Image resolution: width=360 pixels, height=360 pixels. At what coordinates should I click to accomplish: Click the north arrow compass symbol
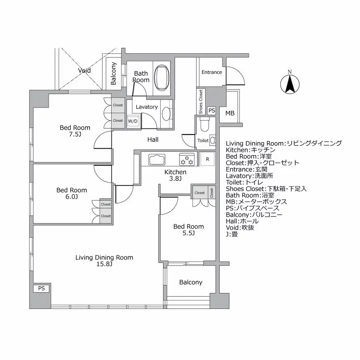point(289,84)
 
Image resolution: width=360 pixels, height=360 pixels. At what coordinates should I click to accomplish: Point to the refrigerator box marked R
point(207,159)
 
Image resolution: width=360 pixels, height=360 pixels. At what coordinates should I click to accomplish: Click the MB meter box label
point(230,113)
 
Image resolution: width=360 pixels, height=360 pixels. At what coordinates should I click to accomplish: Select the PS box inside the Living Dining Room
point(41,289)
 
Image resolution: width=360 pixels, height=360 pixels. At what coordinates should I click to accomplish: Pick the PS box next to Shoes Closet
point(211,111)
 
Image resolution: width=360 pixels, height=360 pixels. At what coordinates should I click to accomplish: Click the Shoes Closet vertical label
point(201,102)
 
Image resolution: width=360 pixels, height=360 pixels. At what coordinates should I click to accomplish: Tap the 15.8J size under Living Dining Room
point(104,264)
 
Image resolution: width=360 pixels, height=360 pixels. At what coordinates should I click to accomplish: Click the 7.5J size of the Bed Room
point(74,135)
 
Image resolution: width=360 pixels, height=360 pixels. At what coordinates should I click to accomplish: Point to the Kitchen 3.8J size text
point(175,178)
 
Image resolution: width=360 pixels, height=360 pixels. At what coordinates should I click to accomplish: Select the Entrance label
point(211,72)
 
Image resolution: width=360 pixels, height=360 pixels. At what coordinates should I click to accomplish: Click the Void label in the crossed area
point(84,71)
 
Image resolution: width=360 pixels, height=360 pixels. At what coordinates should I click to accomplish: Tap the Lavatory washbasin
point(167,113)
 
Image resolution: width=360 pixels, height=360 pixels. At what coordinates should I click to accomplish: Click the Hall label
point(153,140)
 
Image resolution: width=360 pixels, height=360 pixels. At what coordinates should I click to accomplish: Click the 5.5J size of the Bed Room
point(188,233)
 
